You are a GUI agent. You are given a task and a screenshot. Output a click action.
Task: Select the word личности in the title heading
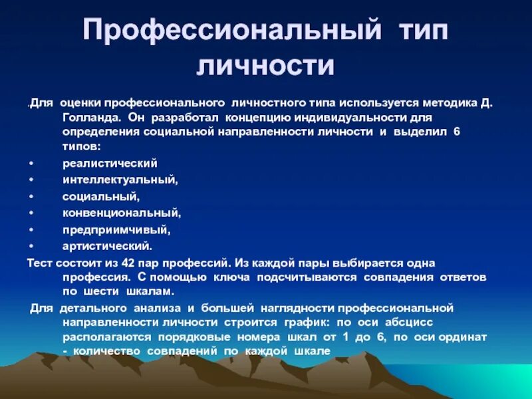click(265, 66)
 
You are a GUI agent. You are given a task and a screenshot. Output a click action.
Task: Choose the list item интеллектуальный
click(120, 180)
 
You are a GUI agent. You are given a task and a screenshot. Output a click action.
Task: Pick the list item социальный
click(100, 196)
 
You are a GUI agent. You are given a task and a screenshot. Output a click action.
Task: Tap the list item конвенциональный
click(122, 213)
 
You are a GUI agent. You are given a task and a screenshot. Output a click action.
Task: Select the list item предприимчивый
click(116, 229)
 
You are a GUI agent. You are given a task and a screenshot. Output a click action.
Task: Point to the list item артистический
click(107, 246)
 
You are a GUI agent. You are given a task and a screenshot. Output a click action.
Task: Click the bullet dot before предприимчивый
click(31, 229)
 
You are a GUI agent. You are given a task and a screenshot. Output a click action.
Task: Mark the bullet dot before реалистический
click(31, 163)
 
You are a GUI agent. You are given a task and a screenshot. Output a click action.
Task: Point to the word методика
click(447, 104)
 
